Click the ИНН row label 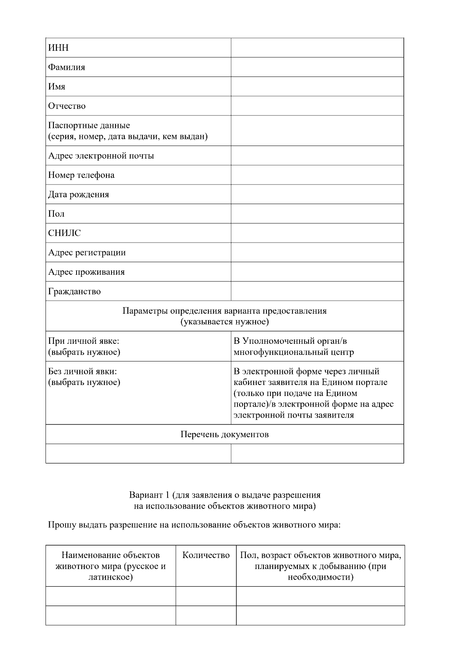click(58, 48)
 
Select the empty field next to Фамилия click(317, 67)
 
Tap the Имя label click(57, 87)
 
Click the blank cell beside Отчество click(317, 106)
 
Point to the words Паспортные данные click(89, 126)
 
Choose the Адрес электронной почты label click(101, 156)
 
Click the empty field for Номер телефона click(317, 175)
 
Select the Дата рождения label click(78, 195)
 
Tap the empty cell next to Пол click(317, 214)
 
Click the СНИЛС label click(64, 233)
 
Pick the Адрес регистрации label click(87, 253)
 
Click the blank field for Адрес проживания click(317, 272)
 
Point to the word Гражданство click(74, 292)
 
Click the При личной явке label click(83, 341)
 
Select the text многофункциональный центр click(294, 352)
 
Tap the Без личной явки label click(82, 372)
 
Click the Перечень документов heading click(225, 434)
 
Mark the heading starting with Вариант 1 click(225, 495)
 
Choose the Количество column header click(206, 555)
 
